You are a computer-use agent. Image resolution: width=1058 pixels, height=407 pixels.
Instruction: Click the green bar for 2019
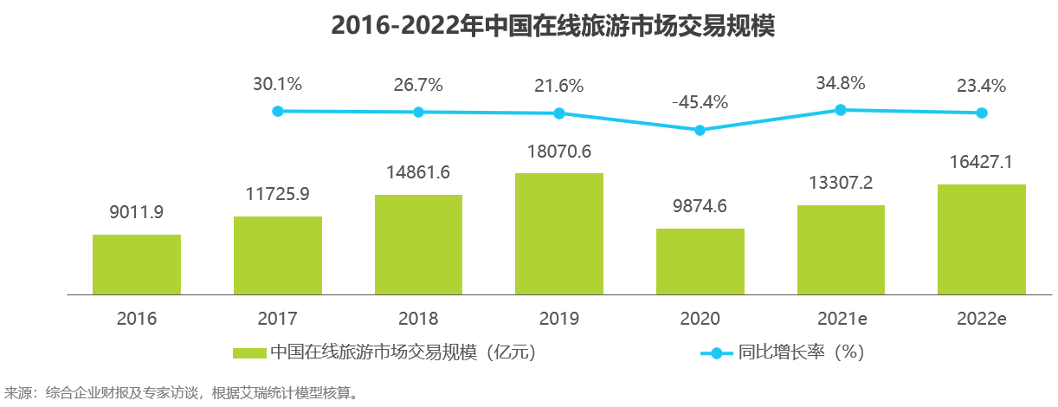click(559, 234)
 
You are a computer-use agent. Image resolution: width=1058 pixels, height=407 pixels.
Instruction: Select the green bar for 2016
click(137, 265)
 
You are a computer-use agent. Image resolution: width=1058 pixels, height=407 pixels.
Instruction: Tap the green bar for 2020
click(700, 262)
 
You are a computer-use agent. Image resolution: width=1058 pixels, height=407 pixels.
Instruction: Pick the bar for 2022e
click(982, 240)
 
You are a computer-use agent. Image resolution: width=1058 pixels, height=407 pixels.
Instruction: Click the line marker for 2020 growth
click(700, 130)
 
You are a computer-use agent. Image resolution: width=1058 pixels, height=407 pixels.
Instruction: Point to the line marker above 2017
click(278, 111)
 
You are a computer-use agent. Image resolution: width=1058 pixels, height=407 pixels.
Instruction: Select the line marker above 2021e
click(841, 109)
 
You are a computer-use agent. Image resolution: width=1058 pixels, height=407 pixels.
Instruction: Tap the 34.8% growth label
click(841, 84)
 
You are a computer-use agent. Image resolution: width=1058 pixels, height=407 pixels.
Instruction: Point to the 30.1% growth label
click(278, 85)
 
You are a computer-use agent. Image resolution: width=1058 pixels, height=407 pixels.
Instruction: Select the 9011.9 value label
click(137, 213)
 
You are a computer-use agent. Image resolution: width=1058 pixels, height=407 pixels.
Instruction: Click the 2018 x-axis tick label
click(418, 319)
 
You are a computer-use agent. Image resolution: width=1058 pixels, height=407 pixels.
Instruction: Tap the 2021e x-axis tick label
click(841, 319)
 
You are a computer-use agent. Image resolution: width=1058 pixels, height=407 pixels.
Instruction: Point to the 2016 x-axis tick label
click(137, 319)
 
